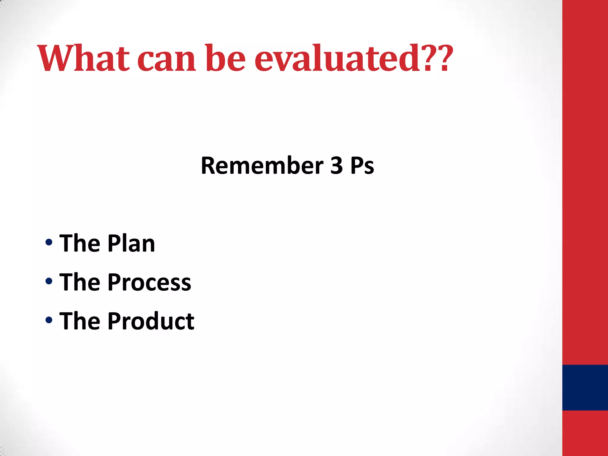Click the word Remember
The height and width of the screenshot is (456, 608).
point(262,165)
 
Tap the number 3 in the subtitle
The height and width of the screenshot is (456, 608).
point(337,165)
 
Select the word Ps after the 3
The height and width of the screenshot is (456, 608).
point(362,165)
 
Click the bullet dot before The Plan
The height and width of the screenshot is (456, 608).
point(49,242)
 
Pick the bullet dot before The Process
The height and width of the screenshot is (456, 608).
point(49,281)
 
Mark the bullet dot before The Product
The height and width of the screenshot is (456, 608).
point(49,320)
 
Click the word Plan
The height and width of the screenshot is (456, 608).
point(131,243)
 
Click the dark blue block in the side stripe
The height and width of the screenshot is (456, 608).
point(585,387)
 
